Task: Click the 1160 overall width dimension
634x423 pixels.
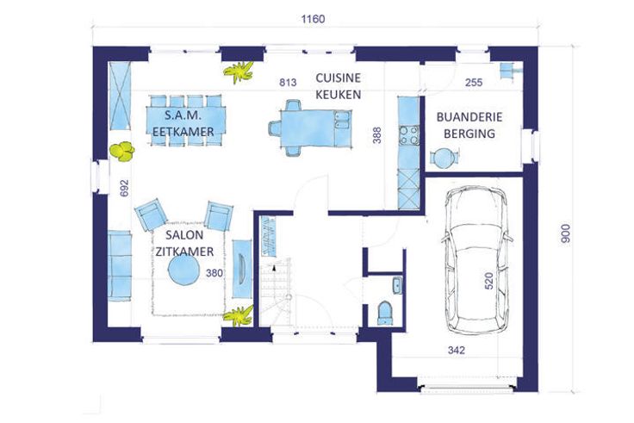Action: coord(313,19)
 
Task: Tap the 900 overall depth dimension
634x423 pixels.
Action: coord(566,233)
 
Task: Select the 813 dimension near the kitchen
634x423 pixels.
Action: coord(288,83)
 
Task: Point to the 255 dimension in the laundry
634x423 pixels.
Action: coord(474,83)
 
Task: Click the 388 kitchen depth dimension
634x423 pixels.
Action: coord(376,135)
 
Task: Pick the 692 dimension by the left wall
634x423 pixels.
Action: coord(124,188)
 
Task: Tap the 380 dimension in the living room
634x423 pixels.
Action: coord(214,273)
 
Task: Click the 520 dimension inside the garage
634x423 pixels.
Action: coord(488,281)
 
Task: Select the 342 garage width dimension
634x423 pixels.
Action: coord(456,351)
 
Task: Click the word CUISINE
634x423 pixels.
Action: coord(338,78)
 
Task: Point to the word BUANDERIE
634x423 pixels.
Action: coord(469,117)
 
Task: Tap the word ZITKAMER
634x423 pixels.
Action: coord(185,252)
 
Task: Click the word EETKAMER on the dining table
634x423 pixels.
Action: coord(183,132)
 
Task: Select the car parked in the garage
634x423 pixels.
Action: coord(475,260)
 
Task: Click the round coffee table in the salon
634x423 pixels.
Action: coord(183,271)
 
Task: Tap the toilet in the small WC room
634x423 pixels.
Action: coord(385,313)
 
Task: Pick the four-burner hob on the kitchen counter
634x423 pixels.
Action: coord(408,135)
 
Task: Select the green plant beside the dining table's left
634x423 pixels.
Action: coord(121,152)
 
